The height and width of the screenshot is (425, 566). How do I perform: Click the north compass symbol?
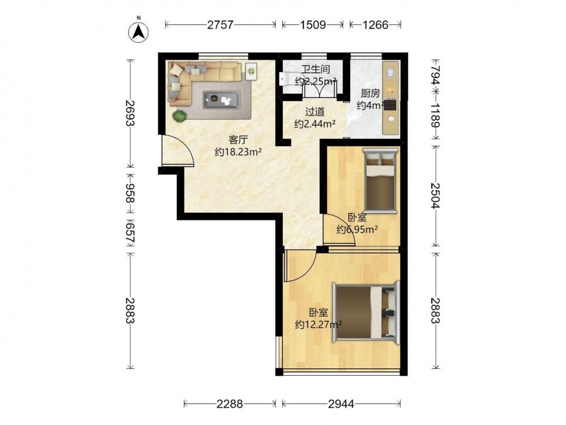click(x=139, y=32)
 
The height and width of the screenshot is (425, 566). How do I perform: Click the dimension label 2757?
click(x=221, y=25)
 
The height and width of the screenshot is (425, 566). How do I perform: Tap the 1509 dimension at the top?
click(x=313, y=25)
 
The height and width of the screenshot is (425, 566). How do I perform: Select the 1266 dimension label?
click(x=375, y=25)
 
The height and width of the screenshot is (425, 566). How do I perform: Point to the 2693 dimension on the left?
click(x=130, y=113)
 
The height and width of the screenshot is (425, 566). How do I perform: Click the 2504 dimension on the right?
click(x=436, y=195)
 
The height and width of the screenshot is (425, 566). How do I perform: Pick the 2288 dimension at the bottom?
click(x=230, y=403)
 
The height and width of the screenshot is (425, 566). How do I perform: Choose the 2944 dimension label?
click(x=341, y=403)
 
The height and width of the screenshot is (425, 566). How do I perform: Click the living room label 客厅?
click(x=238, y=140)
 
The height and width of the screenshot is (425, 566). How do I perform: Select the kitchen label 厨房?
click(x=370, y=93)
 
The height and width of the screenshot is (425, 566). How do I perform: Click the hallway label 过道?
click(x=315, y=112)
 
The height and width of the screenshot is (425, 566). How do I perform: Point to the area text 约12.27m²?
click(x=318, y=325)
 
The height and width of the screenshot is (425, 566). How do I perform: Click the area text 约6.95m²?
click(x=357, y=229)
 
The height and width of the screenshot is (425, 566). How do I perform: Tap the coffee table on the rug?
click(x=221, y=99)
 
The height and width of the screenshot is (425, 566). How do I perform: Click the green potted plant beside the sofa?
click(x=179, y=116)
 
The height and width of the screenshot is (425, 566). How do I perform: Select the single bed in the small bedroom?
click(x=379, y=180)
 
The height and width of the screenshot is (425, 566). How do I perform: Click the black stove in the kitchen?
click(x=390, y=105)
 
